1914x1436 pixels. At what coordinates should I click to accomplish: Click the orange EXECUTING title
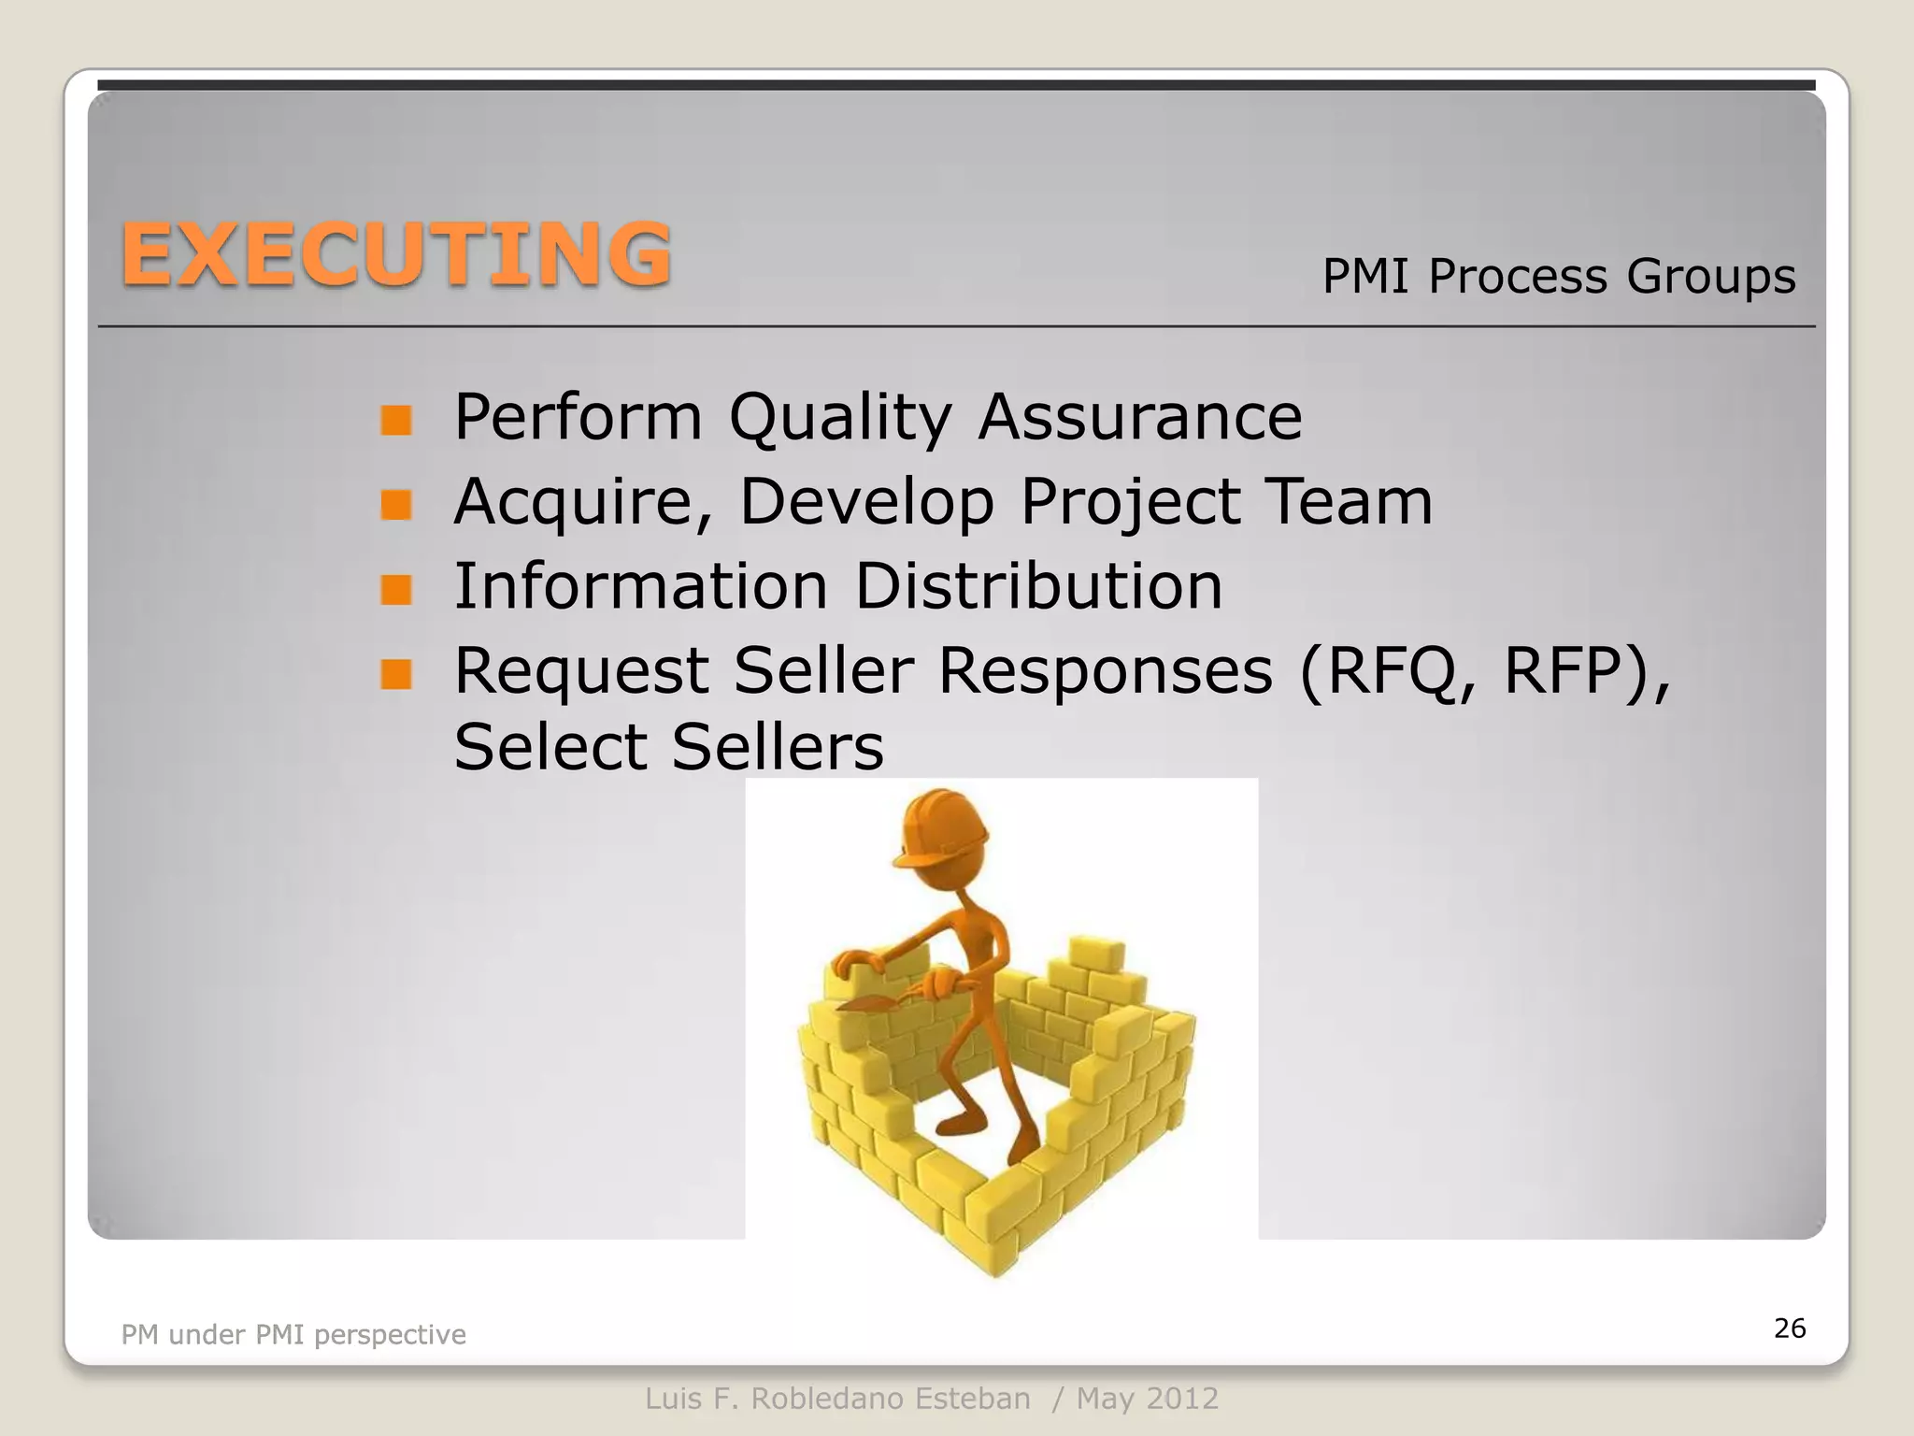[x=396, y=254]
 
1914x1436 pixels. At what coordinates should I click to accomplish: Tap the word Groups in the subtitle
[x=1710, y=277]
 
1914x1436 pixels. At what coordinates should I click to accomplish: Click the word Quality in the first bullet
[x=840, y=417]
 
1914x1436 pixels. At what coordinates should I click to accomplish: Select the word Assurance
[x=1139, y=417]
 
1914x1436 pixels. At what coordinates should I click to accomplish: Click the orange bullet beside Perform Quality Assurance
[x=396, y=421]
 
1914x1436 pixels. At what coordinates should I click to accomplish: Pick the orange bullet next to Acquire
[x=396, y=505]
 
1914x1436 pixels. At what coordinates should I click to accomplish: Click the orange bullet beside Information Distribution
[x=396, y=590]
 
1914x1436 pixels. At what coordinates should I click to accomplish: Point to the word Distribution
[x=1038, y=586]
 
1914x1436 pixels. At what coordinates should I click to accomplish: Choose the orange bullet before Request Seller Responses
[x=396, y=674]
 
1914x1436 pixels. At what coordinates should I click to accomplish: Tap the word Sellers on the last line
[x=778, y=747]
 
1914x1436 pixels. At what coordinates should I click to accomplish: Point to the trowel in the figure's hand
[x=869, y=1002]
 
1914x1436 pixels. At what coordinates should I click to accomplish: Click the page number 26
[x=1790, y=1328]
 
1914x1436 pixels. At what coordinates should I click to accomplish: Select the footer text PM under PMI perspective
[x=293, y=1335]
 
